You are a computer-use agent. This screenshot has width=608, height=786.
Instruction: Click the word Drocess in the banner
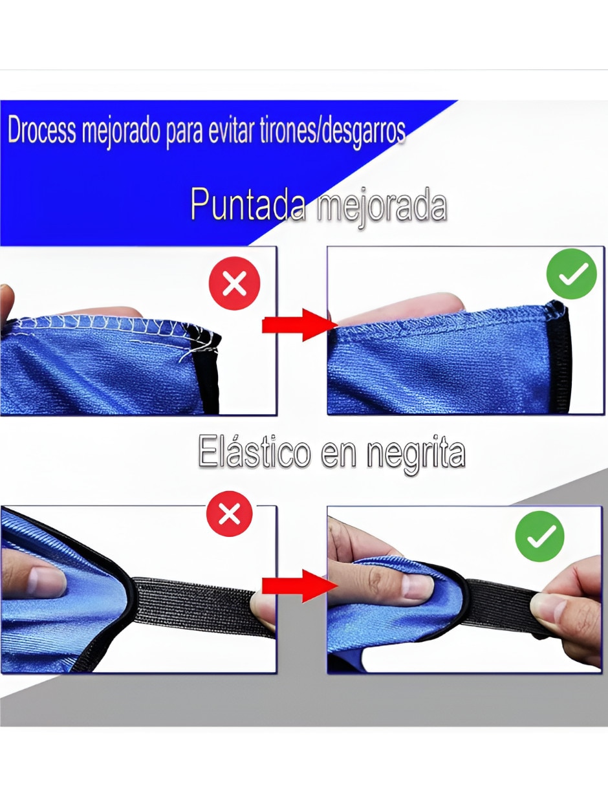pos(41,130)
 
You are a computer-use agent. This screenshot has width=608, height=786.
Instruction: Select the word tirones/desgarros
pos(332,130)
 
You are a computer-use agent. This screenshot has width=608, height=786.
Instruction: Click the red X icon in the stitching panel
pos(234,283)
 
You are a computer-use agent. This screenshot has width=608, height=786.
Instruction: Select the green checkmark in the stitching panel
pos(571,274)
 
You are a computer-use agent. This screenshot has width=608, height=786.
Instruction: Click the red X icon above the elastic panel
pos(229,514)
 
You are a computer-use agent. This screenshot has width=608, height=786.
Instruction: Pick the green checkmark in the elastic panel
pos(539,536)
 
